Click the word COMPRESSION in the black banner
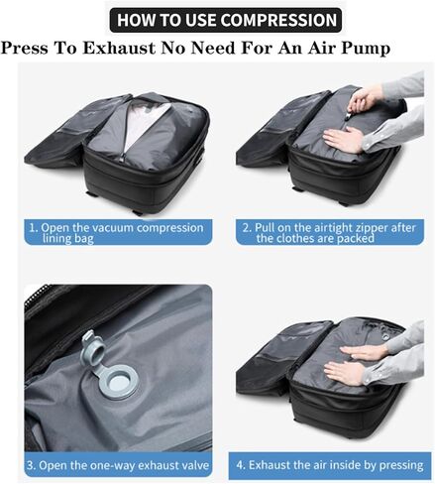click(279, 20)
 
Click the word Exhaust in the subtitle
click(119, 48)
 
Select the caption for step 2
click(329, 232)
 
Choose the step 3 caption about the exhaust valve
click(118, 465)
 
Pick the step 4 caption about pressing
click(329, 465)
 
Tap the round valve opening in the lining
click(120, 384)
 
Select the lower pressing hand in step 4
click(344, 372)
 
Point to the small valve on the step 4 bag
click(385, 336)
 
